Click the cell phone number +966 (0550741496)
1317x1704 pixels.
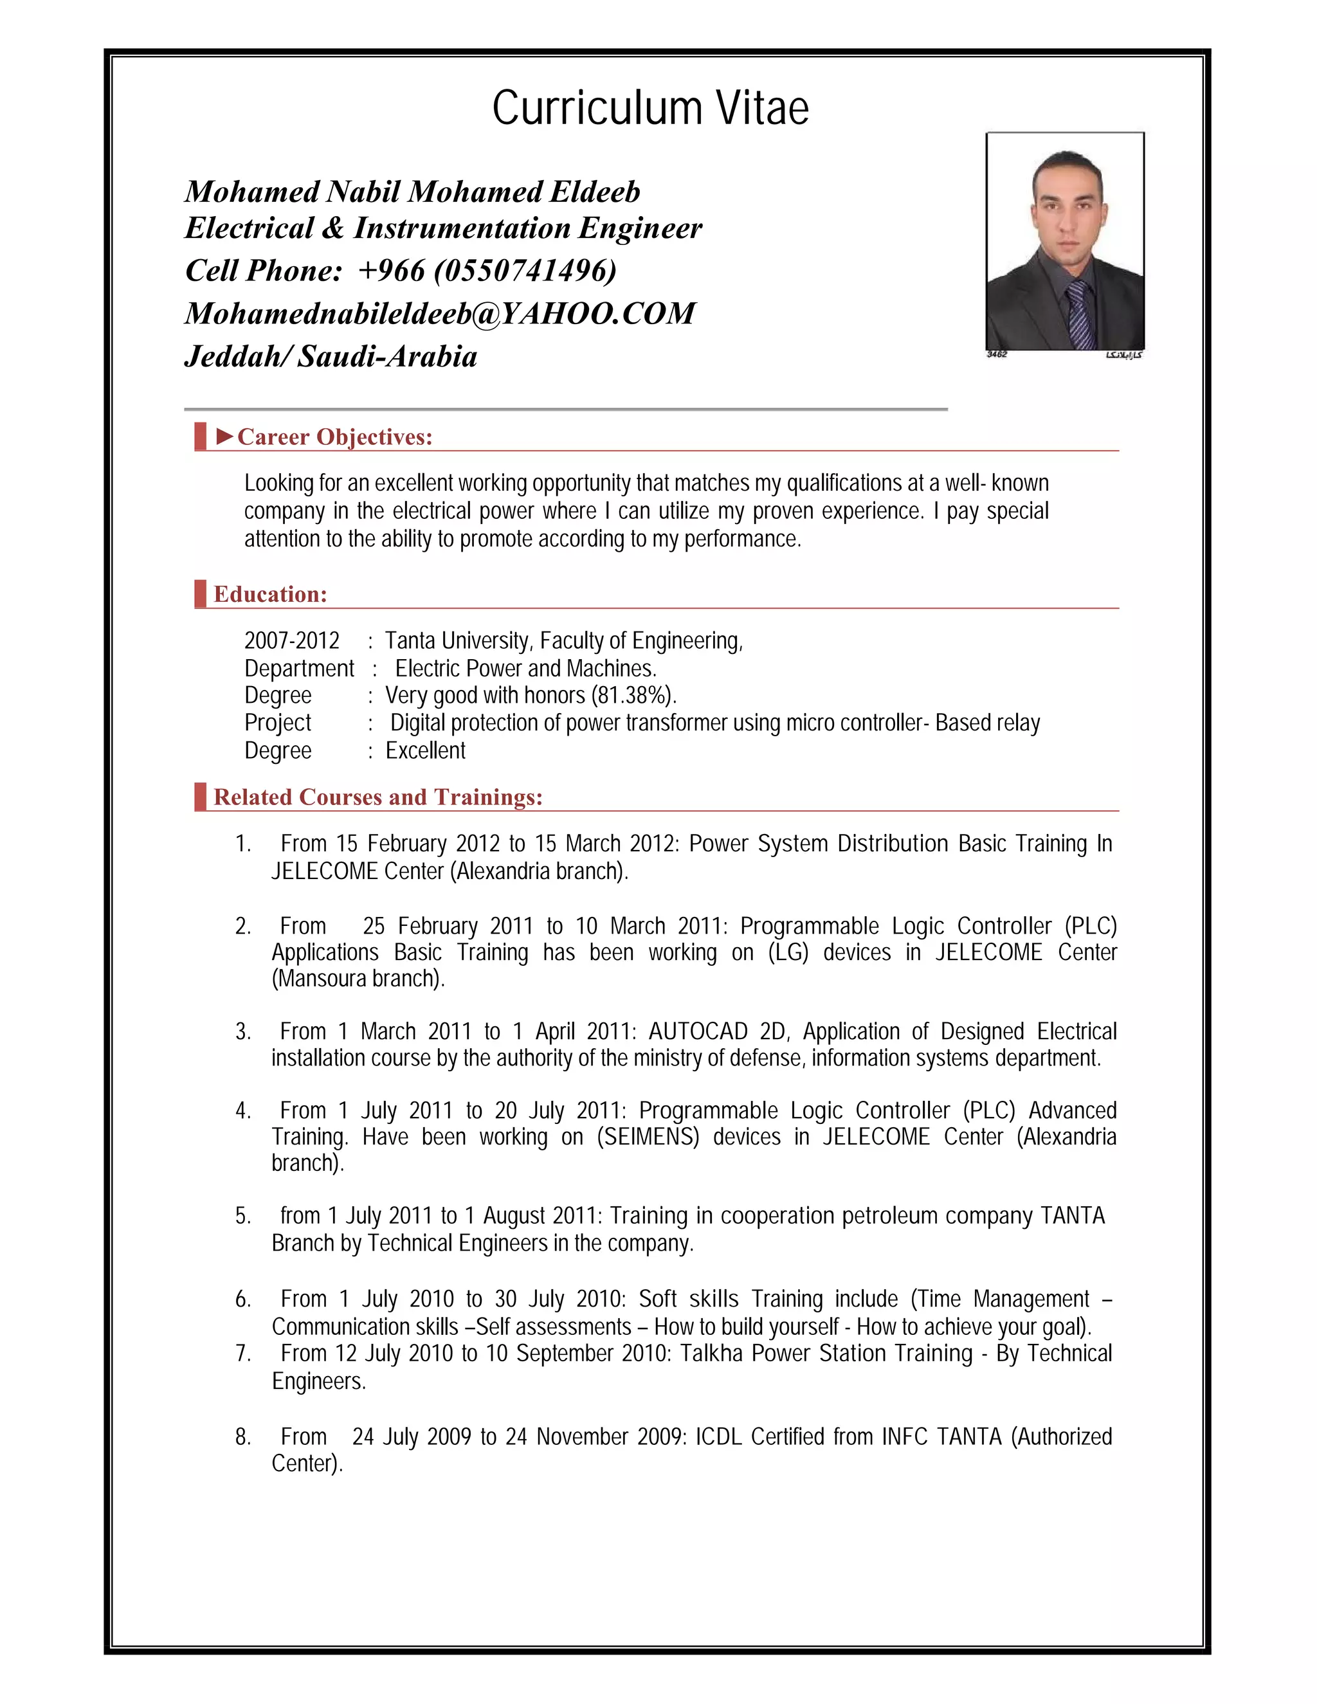tap(487, 271)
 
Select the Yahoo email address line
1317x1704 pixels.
tap(439, 314)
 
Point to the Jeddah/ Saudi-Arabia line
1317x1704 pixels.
tap(331, 357)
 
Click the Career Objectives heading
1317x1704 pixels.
tap(334, 437)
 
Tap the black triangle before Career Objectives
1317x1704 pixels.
tap(224, 436)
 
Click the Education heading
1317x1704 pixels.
tap(270, 595)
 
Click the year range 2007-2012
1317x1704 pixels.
tap(292, 640)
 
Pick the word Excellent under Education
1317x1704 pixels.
tap(425, 750)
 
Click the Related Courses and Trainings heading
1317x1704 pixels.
tap(377, 797)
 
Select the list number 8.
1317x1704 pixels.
tap(242, 1437)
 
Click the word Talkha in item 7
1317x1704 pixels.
tap(711, 1354)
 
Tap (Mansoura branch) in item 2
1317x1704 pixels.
tap(358, 979)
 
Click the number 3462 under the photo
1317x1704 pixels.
tap(997, 355)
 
